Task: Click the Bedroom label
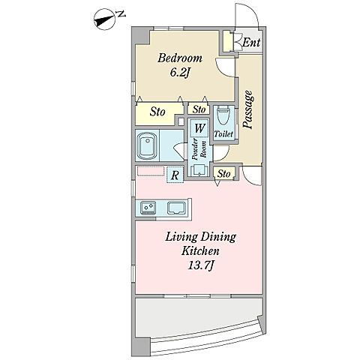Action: pyautogui.click(x=180, y=58)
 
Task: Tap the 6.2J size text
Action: pyautogui.click(x=179, y=73)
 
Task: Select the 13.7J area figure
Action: pyautogui.click(x=200, y=265)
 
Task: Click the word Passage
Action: pyautogui.click(x=249, y=109)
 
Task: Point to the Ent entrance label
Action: pyautogui.click(x=251, y=43)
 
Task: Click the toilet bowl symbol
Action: pyautogui.click(x=224, y=115)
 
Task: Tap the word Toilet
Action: pyautogui.click(x=223, y=134)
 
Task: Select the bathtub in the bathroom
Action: pyautogui.click(x=147, y=145)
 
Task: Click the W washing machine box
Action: pyautogui.click(x=199, y=128)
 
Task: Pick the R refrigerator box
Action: pyautogui.click(x=175, y=175)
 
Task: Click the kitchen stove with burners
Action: pyautogui.click(x=148, y=208)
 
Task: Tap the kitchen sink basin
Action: pyautogui.click(x=176, y=208)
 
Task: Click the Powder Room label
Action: pyautogui.click(x=199, y=150)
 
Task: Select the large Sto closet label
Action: pyautogui.click(x=157, y=112)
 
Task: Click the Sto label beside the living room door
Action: pyautogui.click(x=223, y=173)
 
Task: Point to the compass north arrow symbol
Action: pyautogui.click(x=105, y=20)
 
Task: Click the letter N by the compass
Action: pyautogui.click(x=121, y=15)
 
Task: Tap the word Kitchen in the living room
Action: pyautogui.click(x=200, y=250)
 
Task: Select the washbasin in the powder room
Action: pyautogui.click(x=199, y=170)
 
